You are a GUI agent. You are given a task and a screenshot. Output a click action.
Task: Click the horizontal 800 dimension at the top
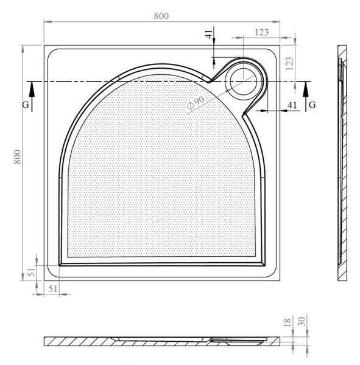tap(161, 16)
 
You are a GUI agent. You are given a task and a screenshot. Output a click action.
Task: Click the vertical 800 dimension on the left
tap(18, 157)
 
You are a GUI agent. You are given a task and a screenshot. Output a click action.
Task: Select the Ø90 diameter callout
tap(196, 103)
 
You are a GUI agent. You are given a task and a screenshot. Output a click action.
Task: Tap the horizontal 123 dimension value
tap(261, 32)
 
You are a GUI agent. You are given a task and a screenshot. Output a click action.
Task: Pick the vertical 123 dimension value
tap(289, 63)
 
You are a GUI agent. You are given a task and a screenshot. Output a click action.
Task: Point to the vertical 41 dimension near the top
tap(209, 34)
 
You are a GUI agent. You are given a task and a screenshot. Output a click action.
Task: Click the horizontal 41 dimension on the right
tap(292, 105)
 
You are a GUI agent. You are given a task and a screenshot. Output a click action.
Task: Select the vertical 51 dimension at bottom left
tap(32, 272)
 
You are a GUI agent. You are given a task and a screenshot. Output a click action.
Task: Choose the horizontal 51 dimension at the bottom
tap(53, 289)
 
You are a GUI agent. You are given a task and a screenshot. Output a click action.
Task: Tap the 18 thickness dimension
tap(288, 322)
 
